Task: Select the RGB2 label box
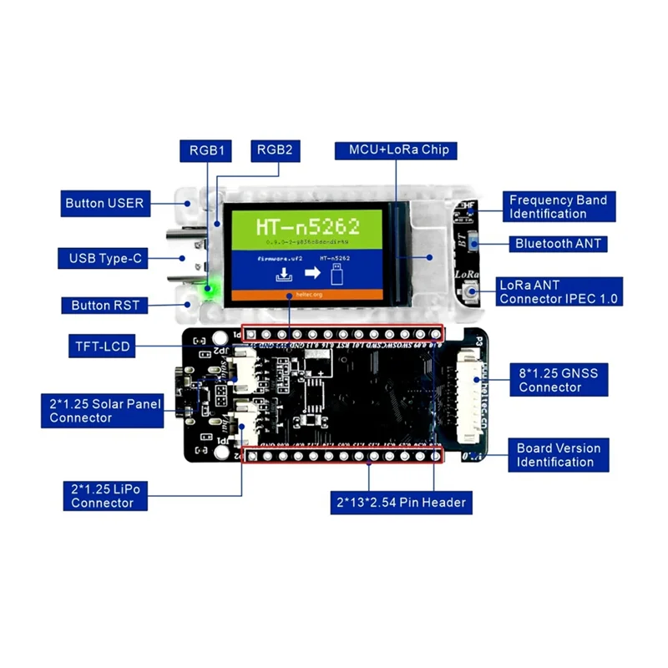(274, 151)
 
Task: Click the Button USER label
(104, 203)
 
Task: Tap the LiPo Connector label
(104, 495)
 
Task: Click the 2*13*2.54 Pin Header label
(398, 503)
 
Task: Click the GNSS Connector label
(558, 380)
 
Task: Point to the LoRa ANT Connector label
(559, 291)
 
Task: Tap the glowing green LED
(209, 290)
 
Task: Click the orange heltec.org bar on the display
(306, 295)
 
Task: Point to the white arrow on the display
(306, 271)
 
